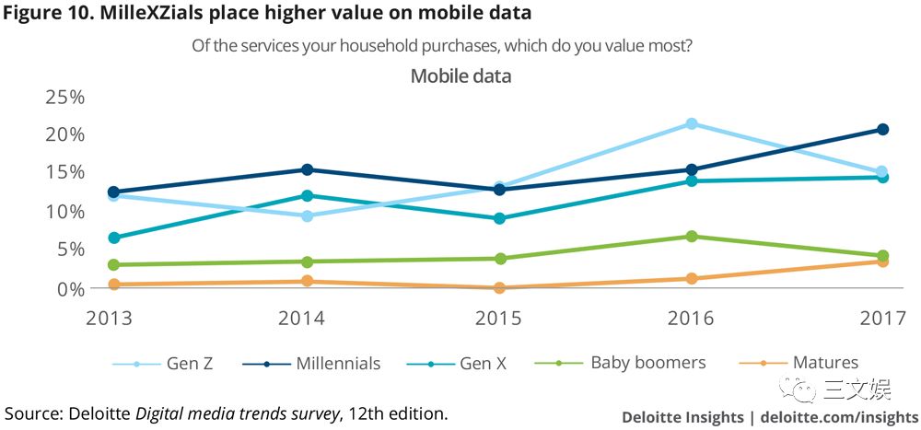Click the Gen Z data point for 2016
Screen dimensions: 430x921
[x=692, y=123]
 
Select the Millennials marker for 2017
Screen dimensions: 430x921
[x=882, y=130]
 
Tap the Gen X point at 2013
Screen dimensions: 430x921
[x=114, y=238]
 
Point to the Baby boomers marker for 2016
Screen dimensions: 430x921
[x=692, y=237]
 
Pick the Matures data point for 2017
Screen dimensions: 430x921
[x=882, y=261]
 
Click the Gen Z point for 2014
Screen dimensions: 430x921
[x=308, y=215]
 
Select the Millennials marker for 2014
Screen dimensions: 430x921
[x=308, y=169]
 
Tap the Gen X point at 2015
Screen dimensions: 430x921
[x=499, y=218]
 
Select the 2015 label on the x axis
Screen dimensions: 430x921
[x=498, y=319]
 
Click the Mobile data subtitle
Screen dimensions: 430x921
[x=460, y=76]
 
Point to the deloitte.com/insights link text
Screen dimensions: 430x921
[x=838, y=416]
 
